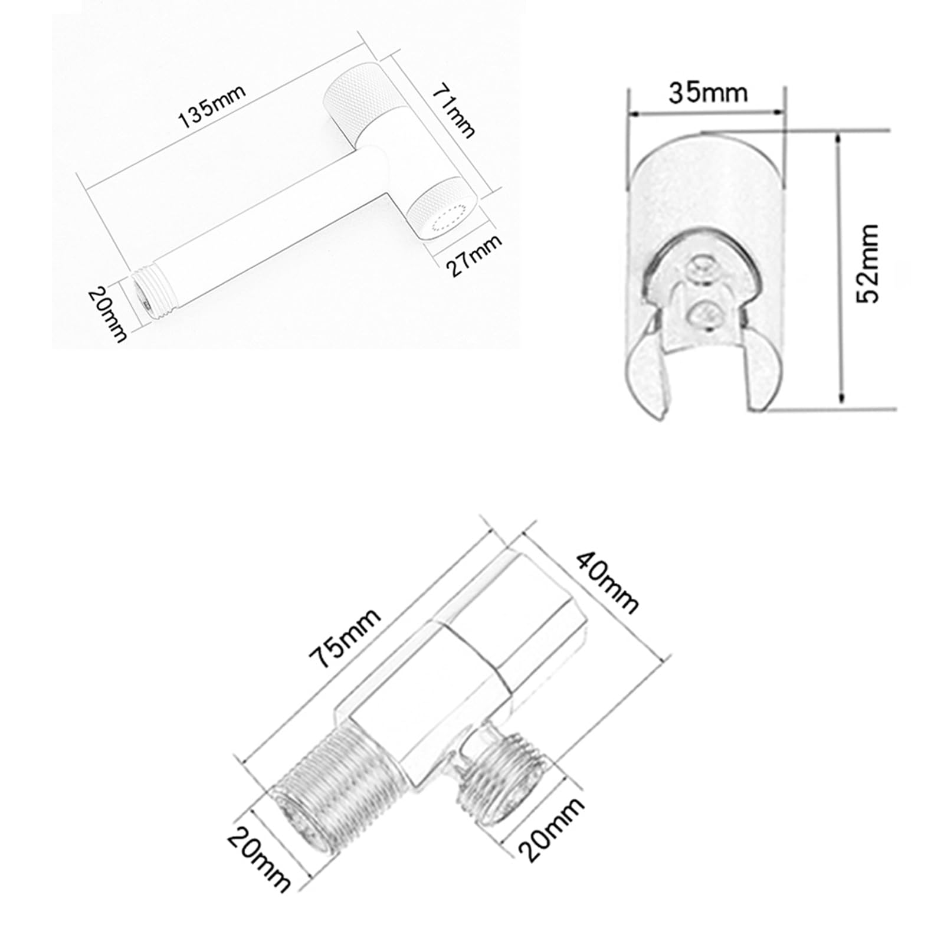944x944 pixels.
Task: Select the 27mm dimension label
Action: point(473,256)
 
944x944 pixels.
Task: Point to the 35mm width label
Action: point(707,93)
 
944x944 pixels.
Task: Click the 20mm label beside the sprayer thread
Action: point(107,314)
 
